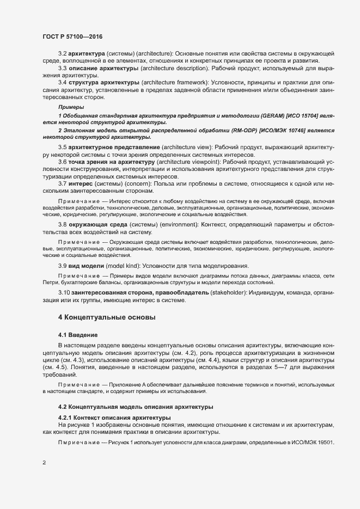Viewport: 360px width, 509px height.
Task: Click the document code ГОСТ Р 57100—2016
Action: coord(72,36)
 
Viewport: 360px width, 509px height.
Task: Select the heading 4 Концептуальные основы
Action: coord(107,316)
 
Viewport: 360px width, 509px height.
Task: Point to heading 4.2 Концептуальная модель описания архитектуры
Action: coord(135,407)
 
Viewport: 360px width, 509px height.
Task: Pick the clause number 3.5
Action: coord(63,148)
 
